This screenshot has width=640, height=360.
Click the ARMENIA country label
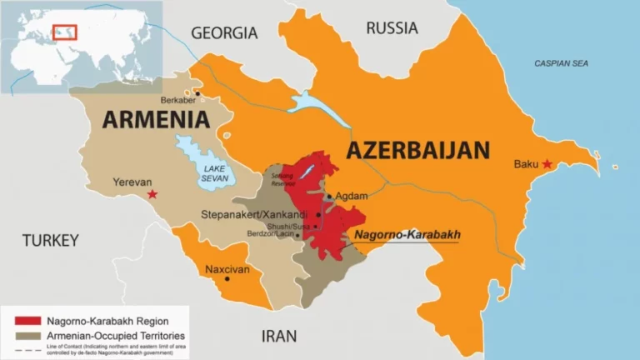(156, 119)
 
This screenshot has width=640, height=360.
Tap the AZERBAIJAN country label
(417, 151)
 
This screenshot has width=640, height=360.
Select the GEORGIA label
(224, 33)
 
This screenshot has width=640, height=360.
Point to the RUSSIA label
(392, 28)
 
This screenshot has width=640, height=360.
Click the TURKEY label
(50, 241)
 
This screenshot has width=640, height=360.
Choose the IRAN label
(279, 336)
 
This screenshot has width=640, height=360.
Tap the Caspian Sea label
(561, 63)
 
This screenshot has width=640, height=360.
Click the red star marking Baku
(547, 164)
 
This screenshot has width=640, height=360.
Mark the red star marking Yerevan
(152, 194)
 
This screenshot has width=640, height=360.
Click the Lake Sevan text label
(212, 172)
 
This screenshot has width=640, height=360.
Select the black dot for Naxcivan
(227, 278)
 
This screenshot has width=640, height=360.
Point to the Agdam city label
(351, 196)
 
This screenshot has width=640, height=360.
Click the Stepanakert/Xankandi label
(254, 214)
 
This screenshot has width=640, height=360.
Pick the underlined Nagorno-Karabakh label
(407, 235)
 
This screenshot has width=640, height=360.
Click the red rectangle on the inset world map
(65, 32)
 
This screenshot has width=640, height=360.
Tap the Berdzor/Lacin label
(272, 235)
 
